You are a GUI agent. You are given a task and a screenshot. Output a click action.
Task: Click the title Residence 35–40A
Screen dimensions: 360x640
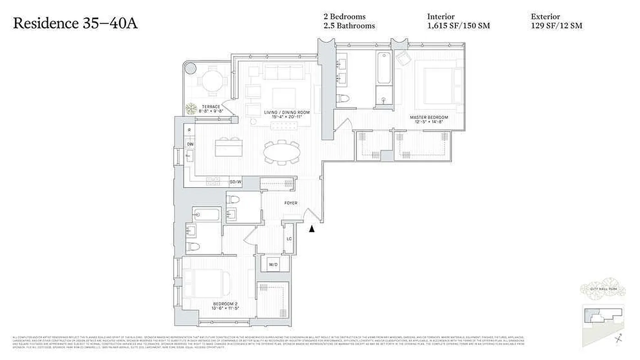coord(75,23)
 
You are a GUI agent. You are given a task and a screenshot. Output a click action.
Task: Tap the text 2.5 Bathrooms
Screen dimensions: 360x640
coord(349,26)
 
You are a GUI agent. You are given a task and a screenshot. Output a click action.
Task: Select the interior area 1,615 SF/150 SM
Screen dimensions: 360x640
coord(458,26)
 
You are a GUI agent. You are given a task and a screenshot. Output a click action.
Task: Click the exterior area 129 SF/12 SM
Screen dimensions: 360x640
coord(556,26)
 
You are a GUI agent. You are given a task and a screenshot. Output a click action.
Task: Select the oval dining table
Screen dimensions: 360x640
coord(281,152)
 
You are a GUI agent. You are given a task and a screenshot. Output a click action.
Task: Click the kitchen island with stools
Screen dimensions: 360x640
coord(227,147)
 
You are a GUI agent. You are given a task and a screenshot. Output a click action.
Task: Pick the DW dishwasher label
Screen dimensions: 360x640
coord(190,144)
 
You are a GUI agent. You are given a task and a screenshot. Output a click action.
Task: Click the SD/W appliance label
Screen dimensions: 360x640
coord(235,182)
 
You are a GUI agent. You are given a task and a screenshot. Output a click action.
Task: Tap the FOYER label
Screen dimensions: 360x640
coord(291,203)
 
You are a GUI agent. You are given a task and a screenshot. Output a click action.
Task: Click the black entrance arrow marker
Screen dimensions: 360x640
coord(311,229)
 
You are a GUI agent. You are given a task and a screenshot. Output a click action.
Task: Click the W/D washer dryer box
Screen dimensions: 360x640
coord(273,265)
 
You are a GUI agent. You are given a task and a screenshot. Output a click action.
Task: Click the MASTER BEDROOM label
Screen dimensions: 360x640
coord(428,117)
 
